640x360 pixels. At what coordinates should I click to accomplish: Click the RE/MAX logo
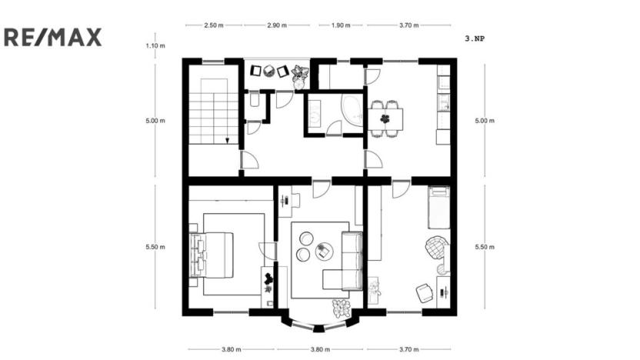(53, 37)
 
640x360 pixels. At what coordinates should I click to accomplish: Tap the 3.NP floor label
(475, 37)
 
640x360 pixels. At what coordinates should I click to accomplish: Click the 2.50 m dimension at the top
(214, 25)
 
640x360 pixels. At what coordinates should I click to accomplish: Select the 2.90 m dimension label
(277, 25)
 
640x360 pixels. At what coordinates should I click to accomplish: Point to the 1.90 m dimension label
(340, 25)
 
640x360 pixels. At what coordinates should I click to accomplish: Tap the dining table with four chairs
(385, 118)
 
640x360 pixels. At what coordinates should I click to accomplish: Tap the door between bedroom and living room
(266, 251)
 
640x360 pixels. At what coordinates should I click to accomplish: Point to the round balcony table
(268, 72)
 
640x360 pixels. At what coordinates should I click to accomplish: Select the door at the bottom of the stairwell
(249, 161)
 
